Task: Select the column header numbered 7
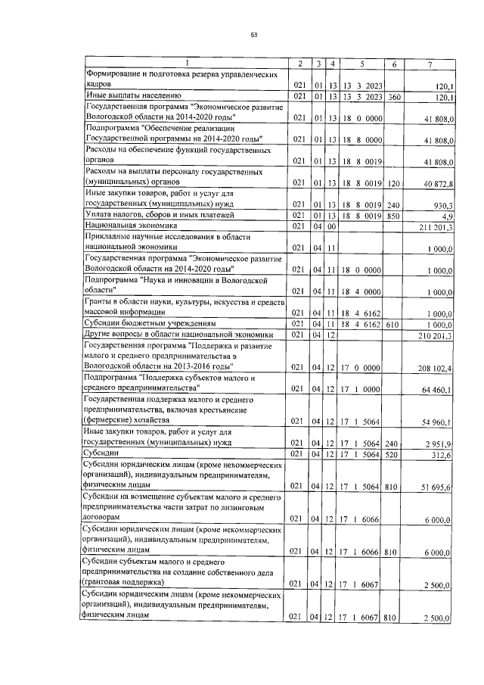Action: coord(430,64)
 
